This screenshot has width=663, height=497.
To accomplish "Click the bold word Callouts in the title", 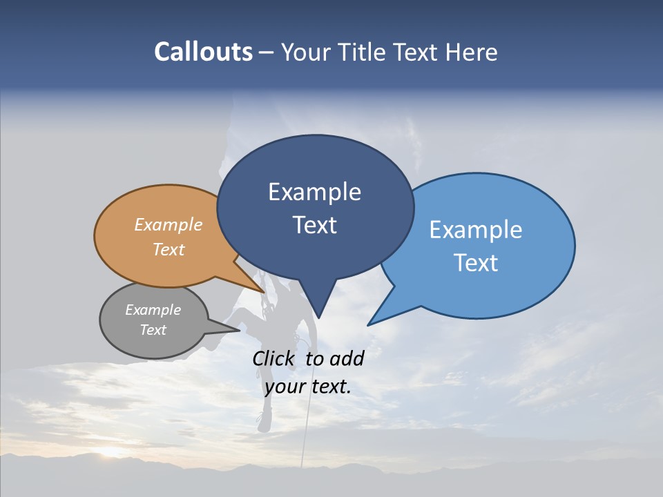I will pyautogui.click(x=203, y=52).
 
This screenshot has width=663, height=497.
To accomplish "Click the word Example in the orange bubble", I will pyautogui.click(x=169, y=224).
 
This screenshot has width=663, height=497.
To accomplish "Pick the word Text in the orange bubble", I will pyautogui.click(x=169, y=249).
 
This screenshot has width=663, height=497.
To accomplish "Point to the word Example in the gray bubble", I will pyautogui.click(x=153, y=310).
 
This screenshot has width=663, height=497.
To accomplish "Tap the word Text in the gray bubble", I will pyautogui.click(x=153, y=330).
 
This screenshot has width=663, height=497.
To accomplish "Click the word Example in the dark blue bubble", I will pyautogui.click(x=314, y=192).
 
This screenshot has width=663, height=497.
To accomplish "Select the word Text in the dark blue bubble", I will pyautogui.click(x=314, y=225).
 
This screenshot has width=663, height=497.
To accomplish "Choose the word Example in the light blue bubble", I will pyautogui.click(x=476, y=230).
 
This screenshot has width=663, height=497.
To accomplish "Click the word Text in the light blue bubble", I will pyautogui.click(x=476, y=263).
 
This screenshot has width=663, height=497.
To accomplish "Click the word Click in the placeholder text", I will pyautogui.click(x=275, y=358).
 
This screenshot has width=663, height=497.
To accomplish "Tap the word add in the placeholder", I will pyautogui.click(x=347, y=358).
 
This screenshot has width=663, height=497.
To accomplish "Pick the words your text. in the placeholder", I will pyautogui.click(x=308, y=387).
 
